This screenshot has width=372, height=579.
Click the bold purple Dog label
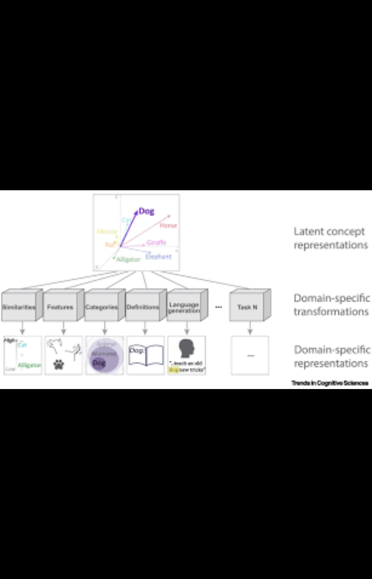(x=146, y=211)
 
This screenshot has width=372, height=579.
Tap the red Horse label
(x=168, y=225)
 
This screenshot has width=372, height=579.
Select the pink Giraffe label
(x=156, y=242)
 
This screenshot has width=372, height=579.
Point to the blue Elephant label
(x=158, y=256)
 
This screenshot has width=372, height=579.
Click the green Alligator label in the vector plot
(x=128, y=259)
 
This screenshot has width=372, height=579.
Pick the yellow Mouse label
(x=107, y=231)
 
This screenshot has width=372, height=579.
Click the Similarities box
(x=19, y=307)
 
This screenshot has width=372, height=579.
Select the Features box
(x=60, y=307)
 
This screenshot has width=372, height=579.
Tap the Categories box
(x=101, y=307)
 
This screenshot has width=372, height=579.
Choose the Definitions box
(x=142, y=307)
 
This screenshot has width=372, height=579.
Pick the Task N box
(x=247, y=307)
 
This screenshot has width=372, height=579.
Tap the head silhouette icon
(x=187, y=348)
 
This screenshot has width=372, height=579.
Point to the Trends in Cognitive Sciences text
(x=330, y=383)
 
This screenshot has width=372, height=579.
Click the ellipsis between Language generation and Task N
(x=218, y=307)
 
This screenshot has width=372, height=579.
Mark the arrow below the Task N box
(x=250, y=328)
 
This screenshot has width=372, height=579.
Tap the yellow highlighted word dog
(x=173, y=370)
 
